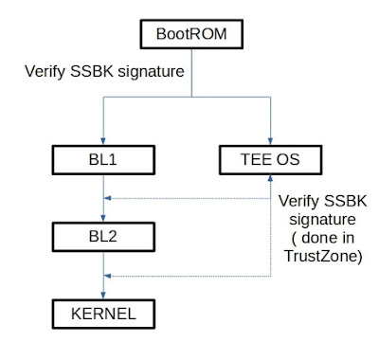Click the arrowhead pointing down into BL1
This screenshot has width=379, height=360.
pyautogui.click(x=103, y=141)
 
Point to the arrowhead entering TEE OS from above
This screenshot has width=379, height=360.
pyautogui.click(x=270, y=141)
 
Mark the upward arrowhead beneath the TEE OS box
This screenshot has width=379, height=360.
pyautogui.click(x=270, y=178)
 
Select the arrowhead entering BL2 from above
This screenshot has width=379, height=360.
pyautogui.click(x=103, y=218)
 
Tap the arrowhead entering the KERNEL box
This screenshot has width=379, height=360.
pyautogui.click(x=103, y=296)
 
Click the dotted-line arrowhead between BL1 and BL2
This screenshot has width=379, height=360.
pyautogui.click(x=108, y=198)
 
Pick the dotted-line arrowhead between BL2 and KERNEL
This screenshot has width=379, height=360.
pyautogui.click(x=108, y=276)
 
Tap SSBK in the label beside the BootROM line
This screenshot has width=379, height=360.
pyautogui.click(x=92, y=71)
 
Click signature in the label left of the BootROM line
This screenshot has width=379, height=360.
pyautogui.click(x=151, y=72)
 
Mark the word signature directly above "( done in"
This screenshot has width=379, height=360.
pyautogui.click(x=322, y=220)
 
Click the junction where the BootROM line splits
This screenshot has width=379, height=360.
pyautogui.click(x=191, y=97)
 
